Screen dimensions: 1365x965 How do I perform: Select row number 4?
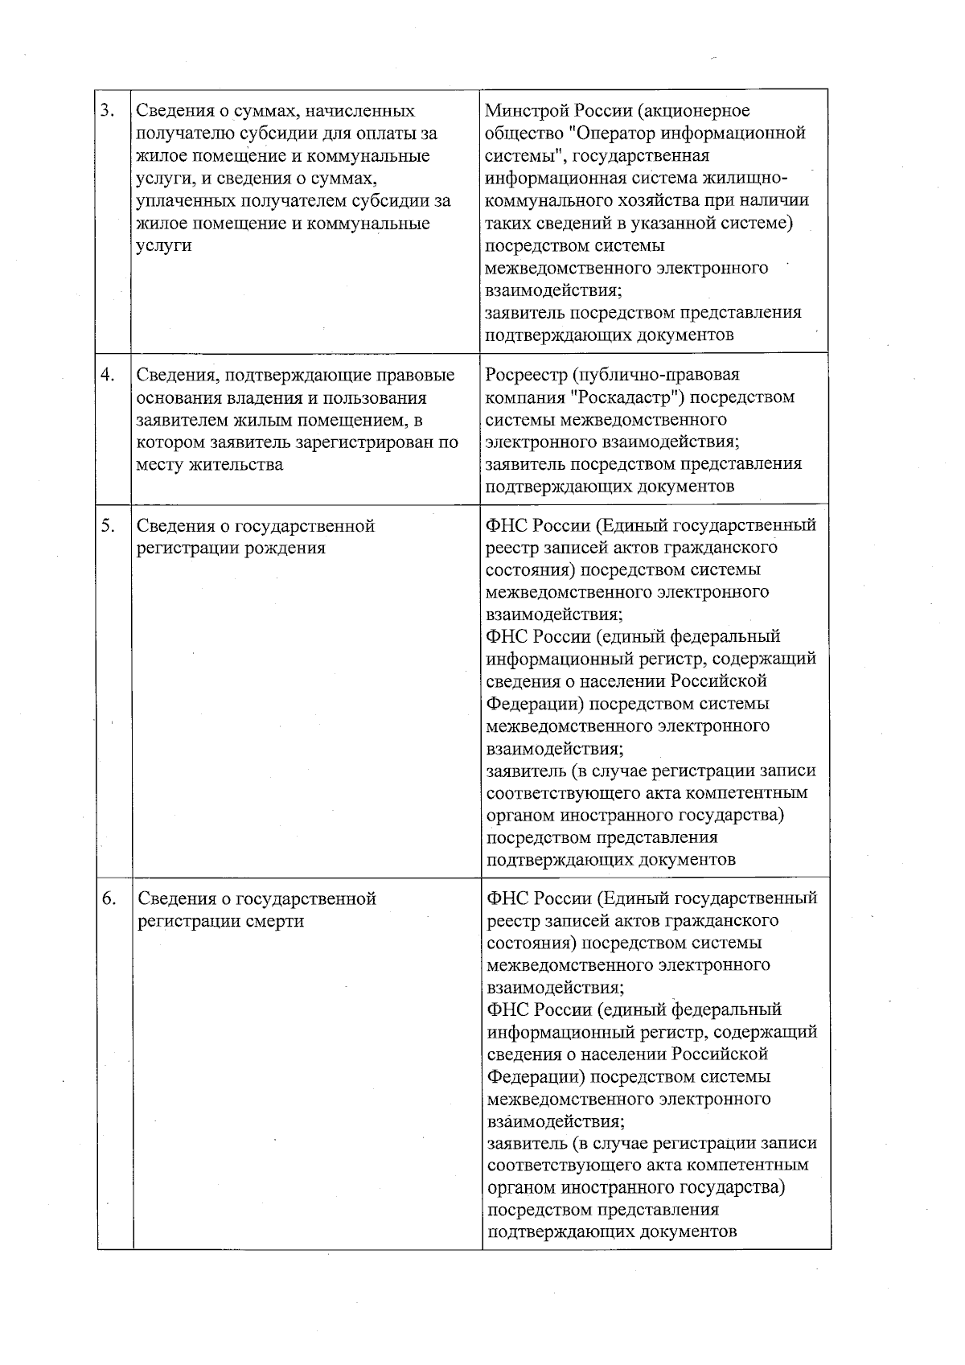coord(108,375)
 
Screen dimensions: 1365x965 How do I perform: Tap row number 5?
coord(108,526)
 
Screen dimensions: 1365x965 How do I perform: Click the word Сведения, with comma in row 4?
coord(177,375)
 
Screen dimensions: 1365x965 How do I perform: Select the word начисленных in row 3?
coord(360,110)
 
